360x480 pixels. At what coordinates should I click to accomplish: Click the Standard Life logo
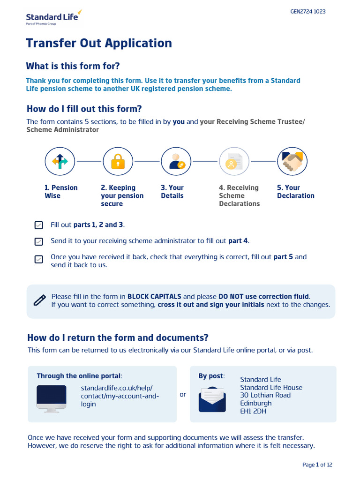point(53,18)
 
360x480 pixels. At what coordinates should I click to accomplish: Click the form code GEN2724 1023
point(308,12)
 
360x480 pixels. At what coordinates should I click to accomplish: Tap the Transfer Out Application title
point(99,43)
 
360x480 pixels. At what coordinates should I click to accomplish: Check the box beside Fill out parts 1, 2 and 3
point(39,225)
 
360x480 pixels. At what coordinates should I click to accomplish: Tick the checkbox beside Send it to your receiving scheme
point(39,241)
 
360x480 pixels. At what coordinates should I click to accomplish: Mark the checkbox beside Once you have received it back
point(39,259)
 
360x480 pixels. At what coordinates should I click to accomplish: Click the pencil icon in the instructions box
point(40,300)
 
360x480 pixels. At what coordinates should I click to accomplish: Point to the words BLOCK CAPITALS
point(154,297)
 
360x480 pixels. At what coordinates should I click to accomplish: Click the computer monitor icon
point(52,398)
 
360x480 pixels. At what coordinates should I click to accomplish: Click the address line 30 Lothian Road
point(265,395)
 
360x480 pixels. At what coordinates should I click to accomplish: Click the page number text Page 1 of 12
point(317,465)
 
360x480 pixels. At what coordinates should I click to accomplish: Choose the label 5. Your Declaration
point(295,192)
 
